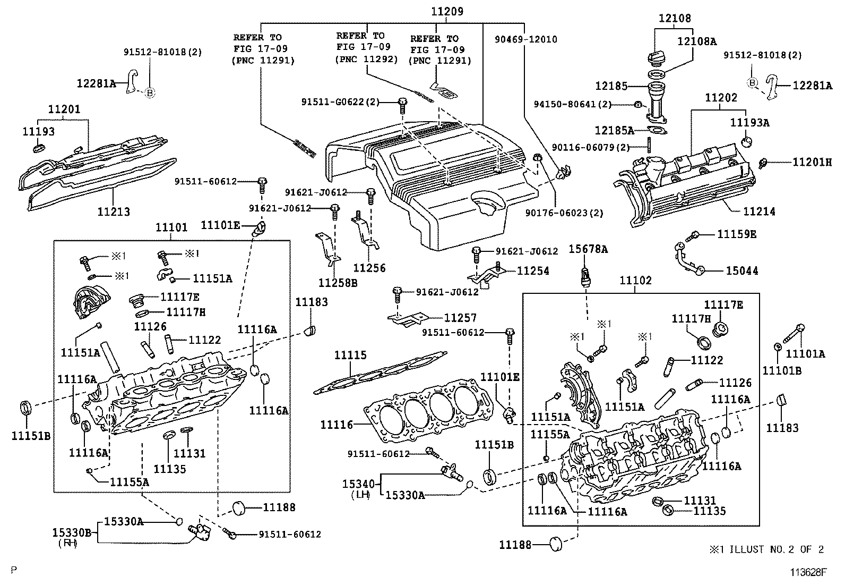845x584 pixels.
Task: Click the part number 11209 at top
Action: [446, 11]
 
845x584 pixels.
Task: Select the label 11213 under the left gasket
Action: [114, 211]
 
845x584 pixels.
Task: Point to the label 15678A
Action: [588, 249]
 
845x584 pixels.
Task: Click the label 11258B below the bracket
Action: [338, 283]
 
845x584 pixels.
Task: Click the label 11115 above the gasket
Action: [350, 355]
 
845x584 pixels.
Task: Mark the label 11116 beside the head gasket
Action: [337, 425]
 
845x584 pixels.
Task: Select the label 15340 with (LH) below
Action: [358, 484]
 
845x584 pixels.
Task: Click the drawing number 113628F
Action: [808, 572]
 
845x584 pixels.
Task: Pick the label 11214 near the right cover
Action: [759, 211]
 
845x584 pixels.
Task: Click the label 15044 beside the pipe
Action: [742, 271]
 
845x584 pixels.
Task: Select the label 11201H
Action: [812, 162]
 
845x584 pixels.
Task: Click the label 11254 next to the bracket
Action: [533, 271]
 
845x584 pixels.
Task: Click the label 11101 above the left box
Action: [171, 227]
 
